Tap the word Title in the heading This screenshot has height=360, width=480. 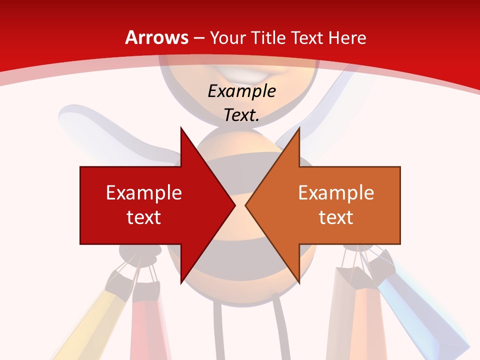(x=268, y=37)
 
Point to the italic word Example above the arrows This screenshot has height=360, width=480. (x=241, y=91)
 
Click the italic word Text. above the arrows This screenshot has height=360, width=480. (x=241, y=115)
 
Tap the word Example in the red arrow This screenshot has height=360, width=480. (x=144, y=193)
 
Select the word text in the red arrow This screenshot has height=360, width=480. (x=144, y=217)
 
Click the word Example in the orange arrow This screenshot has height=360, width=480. (x=336, y=193)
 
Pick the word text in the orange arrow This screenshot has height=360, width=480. (x=336, y=217)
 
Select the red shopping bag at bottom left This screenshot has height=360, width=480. (x=147, y=325)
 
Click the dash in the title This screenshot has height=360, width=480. (x=198, y=38)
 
